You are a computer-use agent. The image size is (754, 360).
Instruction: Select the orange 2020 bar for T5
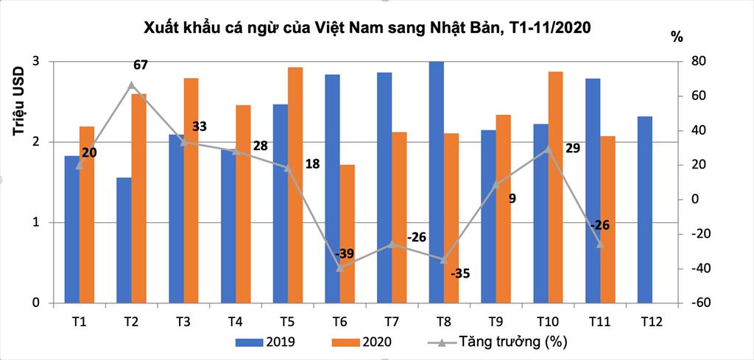click(x=295, y=185)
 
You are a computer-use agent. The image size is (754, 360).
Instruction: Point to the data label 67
click(x=141, y=65)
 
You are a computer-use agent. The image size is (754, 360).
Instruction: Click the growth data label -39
click(x=345, y=254)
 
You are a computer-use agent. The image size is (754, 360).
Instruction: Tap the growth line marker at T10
click(x=547, y=149)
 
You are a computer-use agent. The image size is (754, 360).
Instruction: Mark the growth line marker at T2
click(x=131, y=85)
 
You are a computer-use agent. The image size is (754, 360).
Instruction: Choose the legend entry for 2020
click(x=362, y=342)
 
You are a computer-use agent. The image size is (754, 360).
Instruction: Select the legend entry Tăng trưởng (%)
click(x=497, y=342)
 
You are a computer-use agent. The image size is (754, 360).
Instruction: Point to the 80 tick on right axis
click(x=694, y=62)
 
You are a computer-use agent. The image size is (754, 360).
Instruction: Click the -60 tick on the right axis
click(x=696, y=303)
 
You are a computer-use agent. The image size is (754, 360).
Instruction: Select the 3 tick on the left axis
click(x=35, y=62)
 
